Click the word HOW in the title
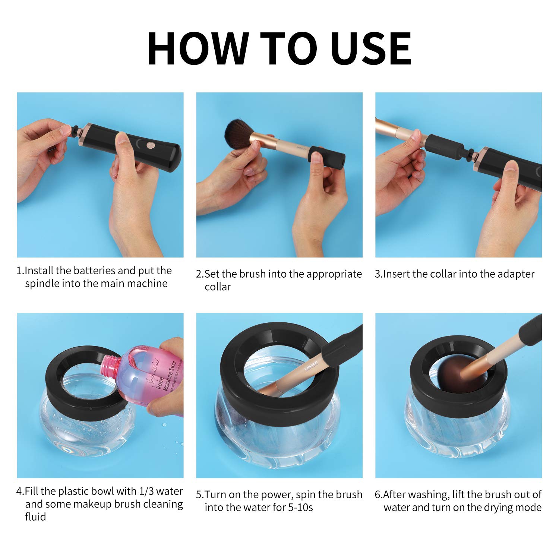pos(198,49)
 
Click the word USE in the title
pos(371,49)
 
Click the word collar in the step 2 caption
pos(218,287)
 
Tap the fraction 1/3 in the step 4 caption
pos(146,491)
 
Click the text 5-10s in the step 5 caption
pos(300,508)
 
